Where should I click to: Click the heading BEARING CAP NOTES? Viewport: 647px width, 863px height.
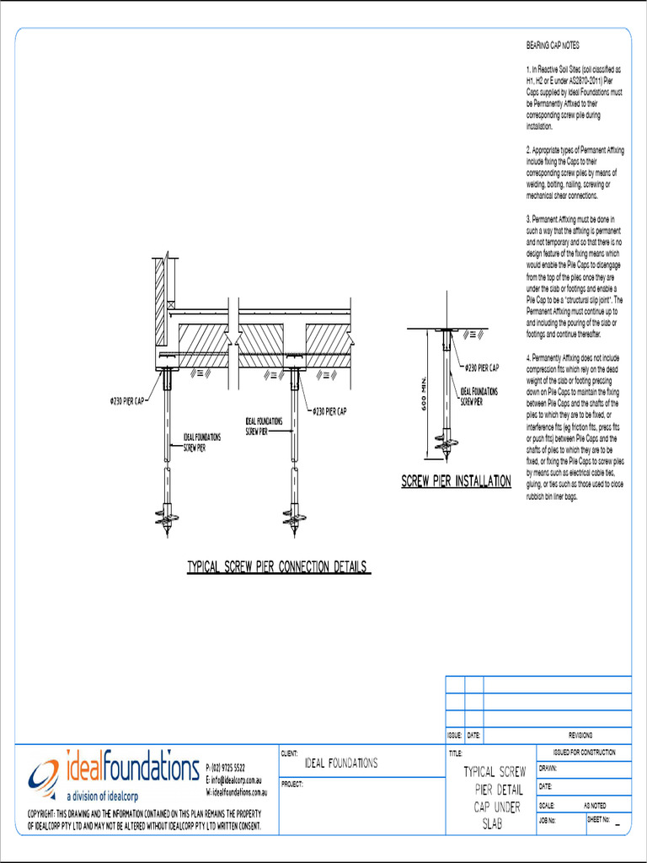click(x=552, y=45)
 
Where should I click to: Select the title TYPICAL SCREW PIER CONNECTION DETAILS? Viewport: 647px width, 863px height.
click(x=278, y=567)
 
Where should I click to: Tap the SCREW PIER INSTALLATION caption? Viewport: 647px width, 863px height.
click(x=456, y=482)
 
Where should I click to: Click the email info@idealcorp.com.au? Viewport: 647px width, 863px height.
click(x=238, y=780)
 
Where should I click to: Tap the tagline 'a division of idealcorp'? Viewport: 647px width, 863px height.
click(x=102, y=796)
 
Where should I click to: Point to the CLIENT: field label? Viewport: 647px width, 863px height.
click(x=289, y=753)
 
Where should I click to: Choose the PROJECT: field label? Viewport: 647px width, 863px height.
click(x=291, y=784)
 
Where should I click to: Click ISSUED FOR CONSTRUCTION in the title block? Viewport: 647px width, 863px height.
click(x=584, y=752)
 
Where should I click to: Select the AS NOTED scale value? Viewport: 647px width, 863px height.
click(x=595, y=804)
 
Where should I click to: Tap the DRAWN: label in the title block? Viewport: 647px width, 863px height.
click(x=548, y=769)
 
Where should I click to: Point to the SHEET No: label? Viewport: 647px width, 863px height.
click(x=599, y=819)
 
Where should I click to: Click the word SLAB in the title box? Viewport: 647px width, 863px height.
click(x=493, y=825)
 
